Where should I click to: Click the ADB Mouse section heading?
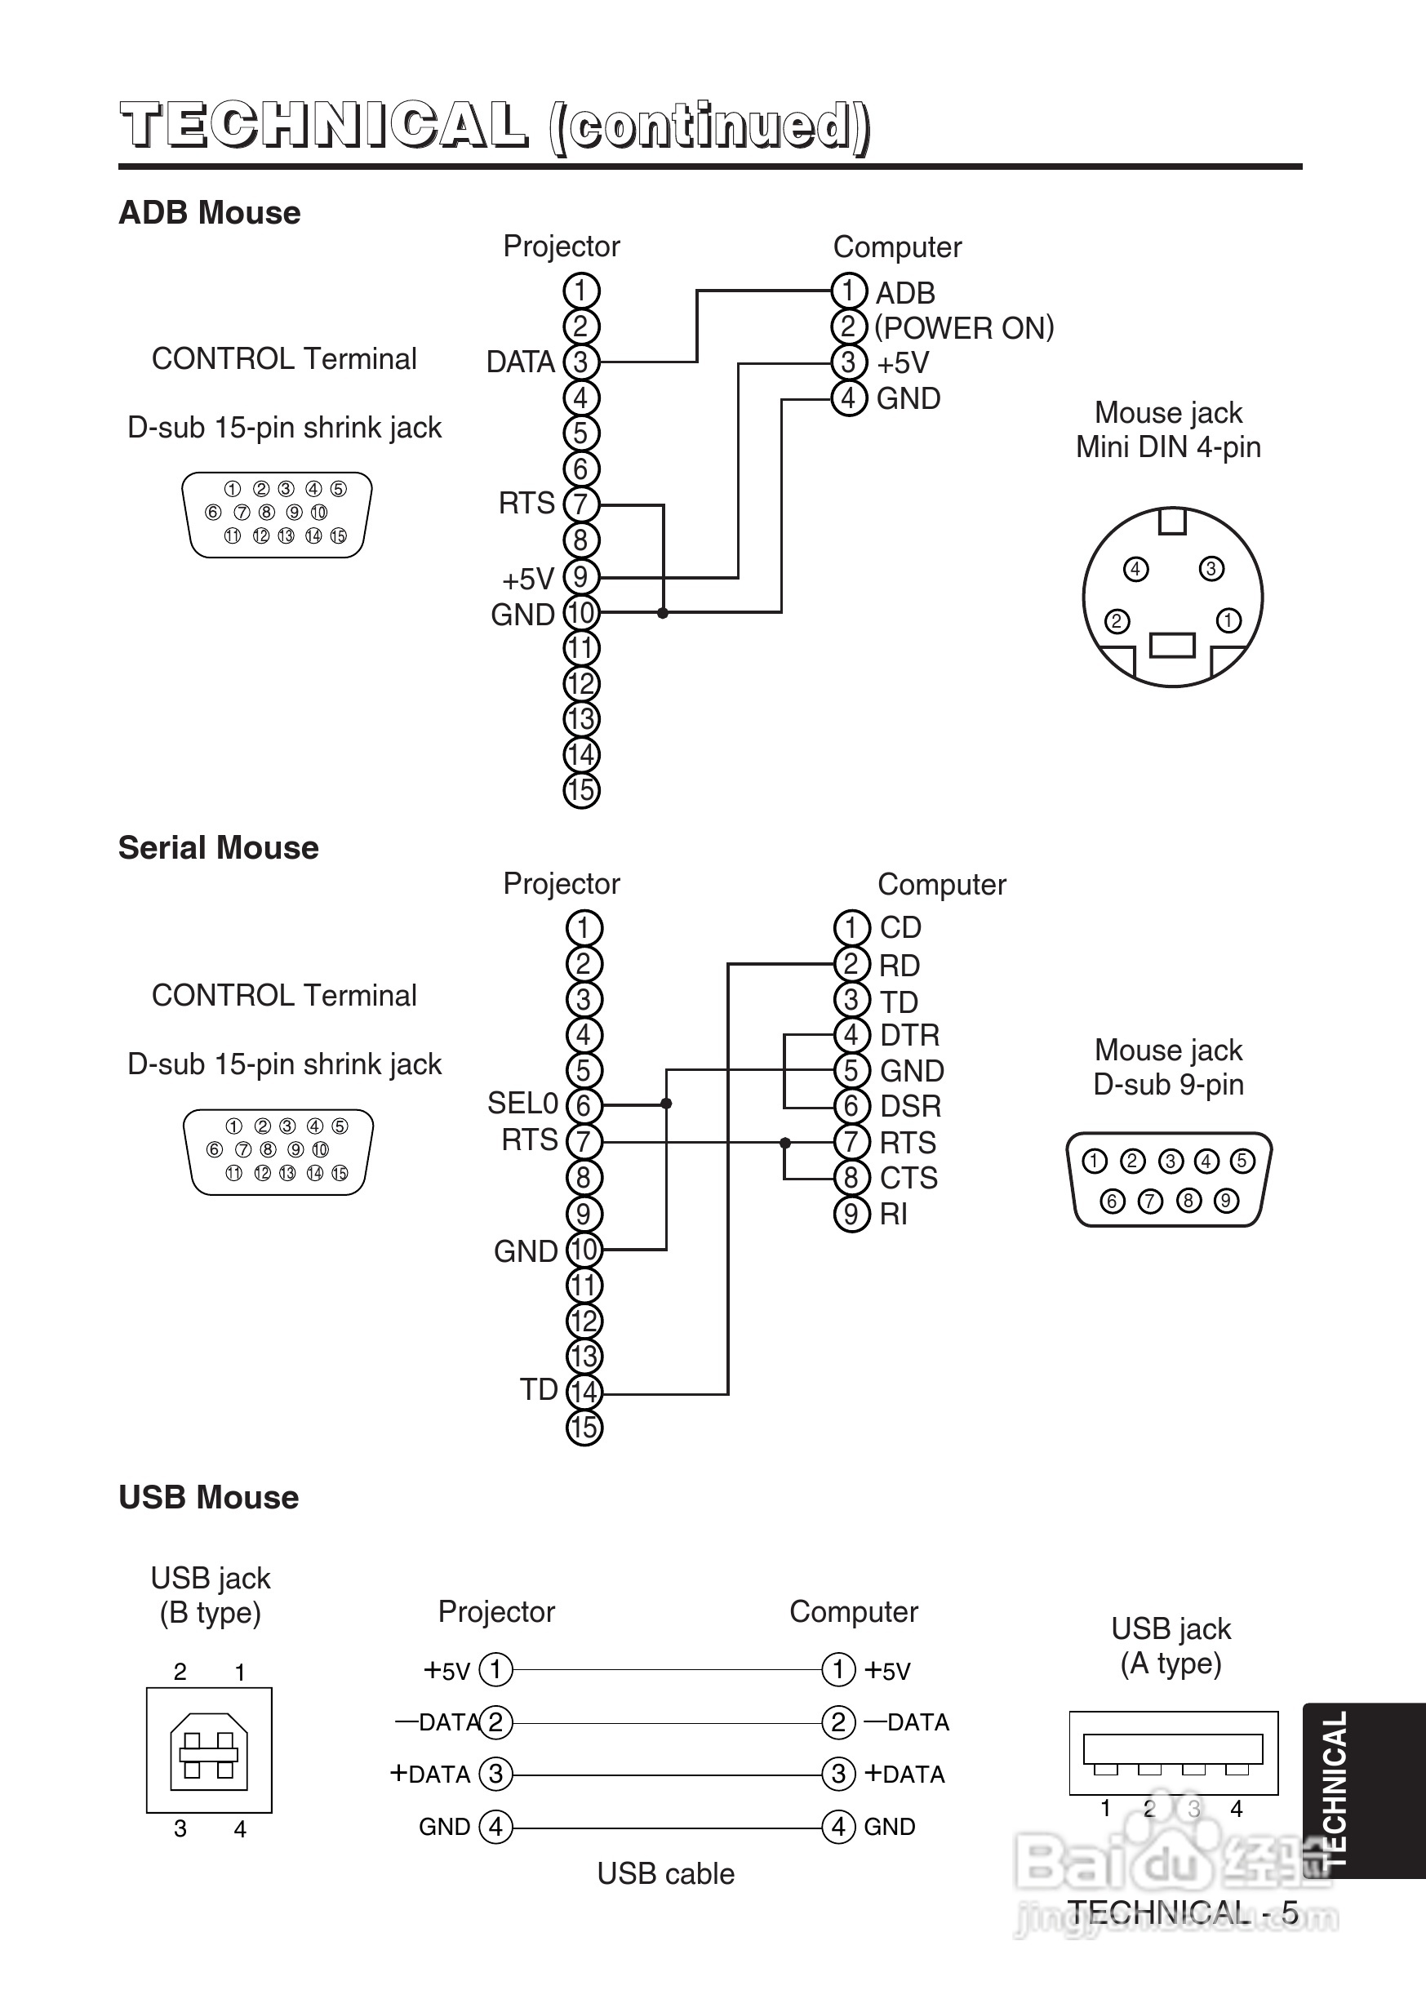click(x=209, y=213)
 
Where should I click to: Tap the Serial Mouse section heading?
click(x=218, y=848)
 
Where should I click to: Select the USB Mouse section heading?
click(x=208, y=1498)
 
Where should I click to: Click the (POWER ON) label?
click(x=964, y=327)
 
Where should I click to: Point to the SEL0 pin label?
click(x=522, y=1103)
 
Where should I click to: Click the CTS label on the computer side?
click(x=908, y=1178)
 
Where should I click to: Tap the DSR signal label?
click(x=911, y=1106)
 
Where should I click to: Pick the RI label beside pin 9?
click(x=894, y=1214)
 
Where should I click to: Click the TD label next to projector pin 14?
click(x=538, y=1390)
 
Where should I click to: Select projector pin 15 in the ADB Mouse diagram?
click(x=580, y=790)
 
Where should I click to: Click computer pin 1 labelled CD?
click(x=851, y=928)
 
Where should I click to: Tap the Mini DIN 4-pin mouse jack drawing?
click(x=1172, y=597)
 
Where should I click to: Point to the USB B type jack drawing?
click(x=209, y=1751)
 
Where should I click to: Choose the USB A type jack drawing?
click(x=1173, y=1752)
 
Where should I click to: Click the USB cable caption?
click(x=665, y=1873)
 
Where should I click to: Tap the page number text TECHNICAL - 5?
click(x=1182, y=1912)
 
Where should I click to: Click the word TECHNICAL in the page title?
click(x=324, y=126)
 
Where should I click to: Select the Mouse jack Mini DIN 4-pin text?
click(x=1168, y=430)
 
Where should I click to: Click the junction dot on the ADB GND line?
click(x=663, y=613)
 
